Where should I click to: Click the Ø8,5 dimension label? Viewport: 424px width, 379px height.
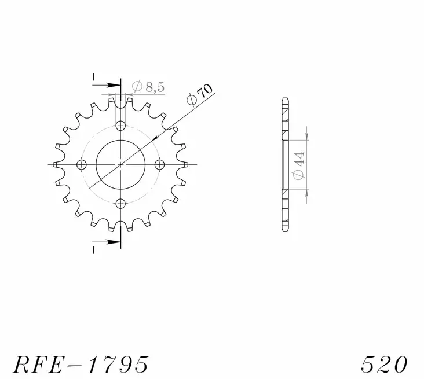coord(148,87)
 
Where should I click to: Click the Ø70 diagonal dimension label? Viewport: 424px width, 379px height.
coord(200,95)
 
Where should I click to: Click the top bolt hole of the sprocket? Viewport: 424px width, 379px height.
coord(120,126)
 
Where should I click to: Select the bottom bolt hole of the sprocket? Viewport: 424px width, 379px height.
coord(120,203)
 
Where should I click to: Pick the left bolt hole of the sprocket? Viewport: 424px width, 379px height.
coord(82,165)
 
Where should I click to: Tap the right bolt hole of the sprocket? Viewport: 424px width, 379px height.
coord(159,165)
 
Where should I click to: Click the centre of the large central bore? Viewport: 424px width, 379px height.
coord(120,165)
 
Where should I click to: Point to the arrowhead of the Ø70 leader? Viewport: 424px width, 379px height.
coord(155,139)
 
